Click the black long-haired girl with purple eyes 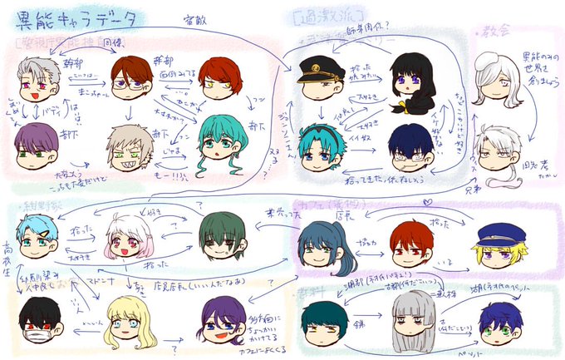click(409, 79)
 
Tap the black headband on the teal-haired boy click(320, 130)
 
